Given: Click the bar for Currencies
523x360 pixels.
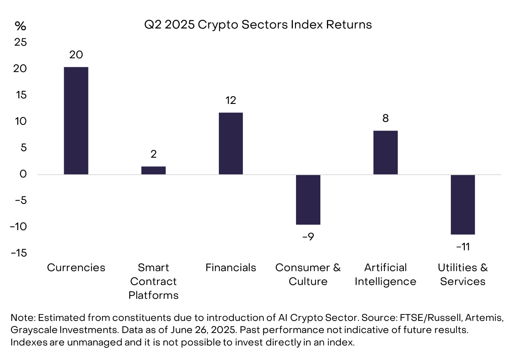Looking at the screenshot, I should point(76,120).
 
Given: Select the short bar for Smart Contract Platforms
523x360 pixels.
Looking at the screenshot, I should point(153,170).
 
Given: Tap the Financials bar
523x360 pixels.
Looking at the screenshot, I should point(231,143).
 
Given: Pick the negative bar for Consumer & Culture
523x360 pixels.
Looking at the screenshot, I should point(308,199).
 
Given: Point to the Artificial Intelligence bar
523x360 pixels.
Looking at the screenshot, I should point(386,153).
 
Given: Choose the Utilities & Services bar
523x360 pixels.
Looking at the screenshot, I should point(463,204).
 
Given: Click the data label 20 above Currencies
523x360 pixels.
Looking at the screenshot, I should point(76,55).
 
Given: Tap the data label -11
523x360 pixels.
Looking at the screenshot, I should point(463,247).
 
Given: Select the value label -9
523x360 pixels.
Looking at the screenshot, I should point(308,237).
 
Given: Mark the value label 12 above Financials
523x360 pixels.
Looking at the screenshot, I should point(231,100).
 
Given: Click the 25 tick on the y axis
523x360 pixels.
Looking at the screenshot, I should point(20,42).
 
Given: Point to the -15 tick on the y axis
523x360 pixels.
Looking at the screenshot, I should point(19,253).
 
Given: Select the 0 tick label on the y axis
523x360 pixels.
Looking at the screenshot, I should point(23,174).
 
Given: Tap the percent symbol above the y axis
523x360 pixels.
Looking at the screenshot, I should point(20,26).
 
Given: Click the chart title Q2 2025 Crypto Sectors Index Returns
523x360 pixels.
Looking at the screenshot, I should point(258,25).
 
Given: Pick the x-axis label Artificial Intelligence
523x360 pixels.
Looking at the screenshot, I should point(385,274).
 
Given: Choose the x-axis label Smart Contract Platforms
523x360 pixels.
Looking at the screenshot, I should point(153,281).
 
